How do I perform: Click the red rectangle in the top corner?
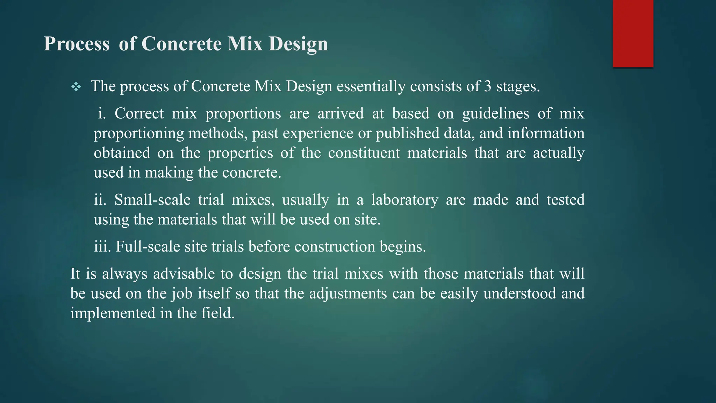(x=633, y=34)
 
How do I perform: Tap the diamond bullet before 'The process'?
(x=76, y=87)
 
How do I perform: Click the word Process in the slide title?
(x=77, y=44)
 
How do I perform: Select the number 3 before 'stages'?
(x=488, y=86)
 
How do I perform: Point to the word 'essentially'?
(x=371, y=86)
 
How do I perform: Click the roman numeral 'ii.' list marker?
(x=100, y=200)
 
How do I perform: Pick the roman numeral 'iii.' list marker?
(x=102, y=247)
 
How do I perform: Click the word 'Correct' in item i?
(x=139, y=114)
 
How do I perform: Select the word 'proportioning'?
(x=139, y=134)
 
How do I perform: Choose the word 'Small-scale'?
(x=152, y=200)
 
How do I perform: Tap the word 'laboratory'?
(x=404, y=200)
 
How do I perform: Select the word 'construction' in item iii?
(x=335, y=247)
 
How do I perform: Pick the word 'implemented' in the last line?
(x=113, y=313)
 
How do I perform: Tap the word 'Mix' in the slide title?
(x=245, y=44)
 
